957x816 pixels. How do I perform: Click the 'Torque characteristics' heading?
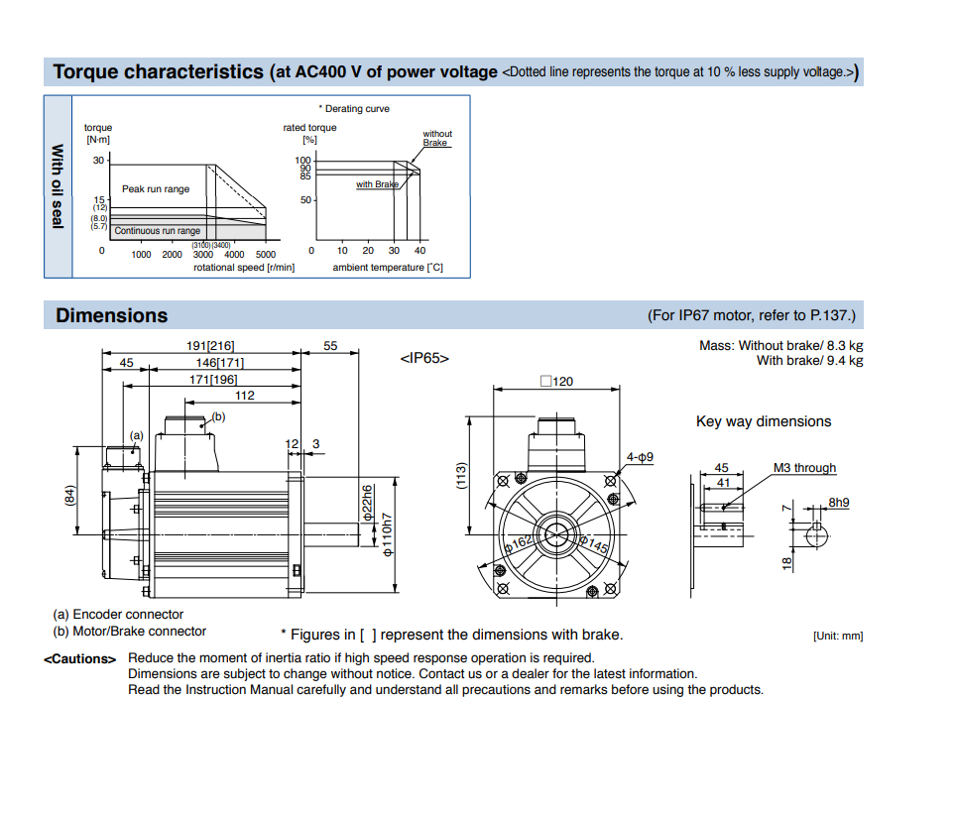pyautogui.click(x=158, y=71)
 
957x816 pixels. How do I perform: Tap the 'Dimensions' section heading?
pyautogui.click(x=111, y=315)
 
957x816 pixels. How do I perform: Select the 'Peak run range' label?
pyautogui.click(x=156, y=189)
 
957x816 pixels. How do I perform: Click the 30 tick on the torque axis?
pyautogui.click(x=98, y=161)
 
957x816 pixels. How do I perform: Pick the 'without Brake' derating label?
pyautogui.click(x=436, y=138)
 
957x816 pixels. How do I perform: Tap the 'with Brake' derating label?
pyautogui.click(x=377, y=184)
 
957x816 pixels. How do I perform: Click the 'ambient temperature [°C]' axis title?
pyautogui.click(x=388, y=268)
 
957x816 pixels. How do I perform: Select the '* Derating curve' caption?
pyautogui.click(x=354, y=109)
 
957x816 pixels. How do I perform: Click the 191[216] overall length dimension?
pyautogui.click(x=210, y=346)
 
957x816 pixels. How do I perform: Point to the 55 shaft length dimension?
pyautogui.click(x=330, y=346)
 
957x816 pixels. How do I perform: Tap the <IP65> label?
pyautogui.click(x=424, y=358)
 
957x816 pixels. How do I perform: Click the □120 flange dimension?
pyautogui.click(x=556, y=381)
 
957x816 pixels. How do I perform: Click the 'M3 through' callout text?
pyautogui.click(x=804, y=468)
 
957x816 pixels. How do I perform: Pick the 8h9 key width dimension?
pyautogui.click(x=839, y=503)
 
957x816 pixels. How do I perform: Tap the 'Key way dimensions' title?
pyautogui.click(x=764, y=421)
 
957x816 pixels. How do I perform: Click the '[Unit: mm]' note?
pyautogui.click(x=837, y=636)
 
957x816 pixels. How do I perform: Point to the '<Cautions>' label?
pyautogui.click(x=79, y=659)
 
